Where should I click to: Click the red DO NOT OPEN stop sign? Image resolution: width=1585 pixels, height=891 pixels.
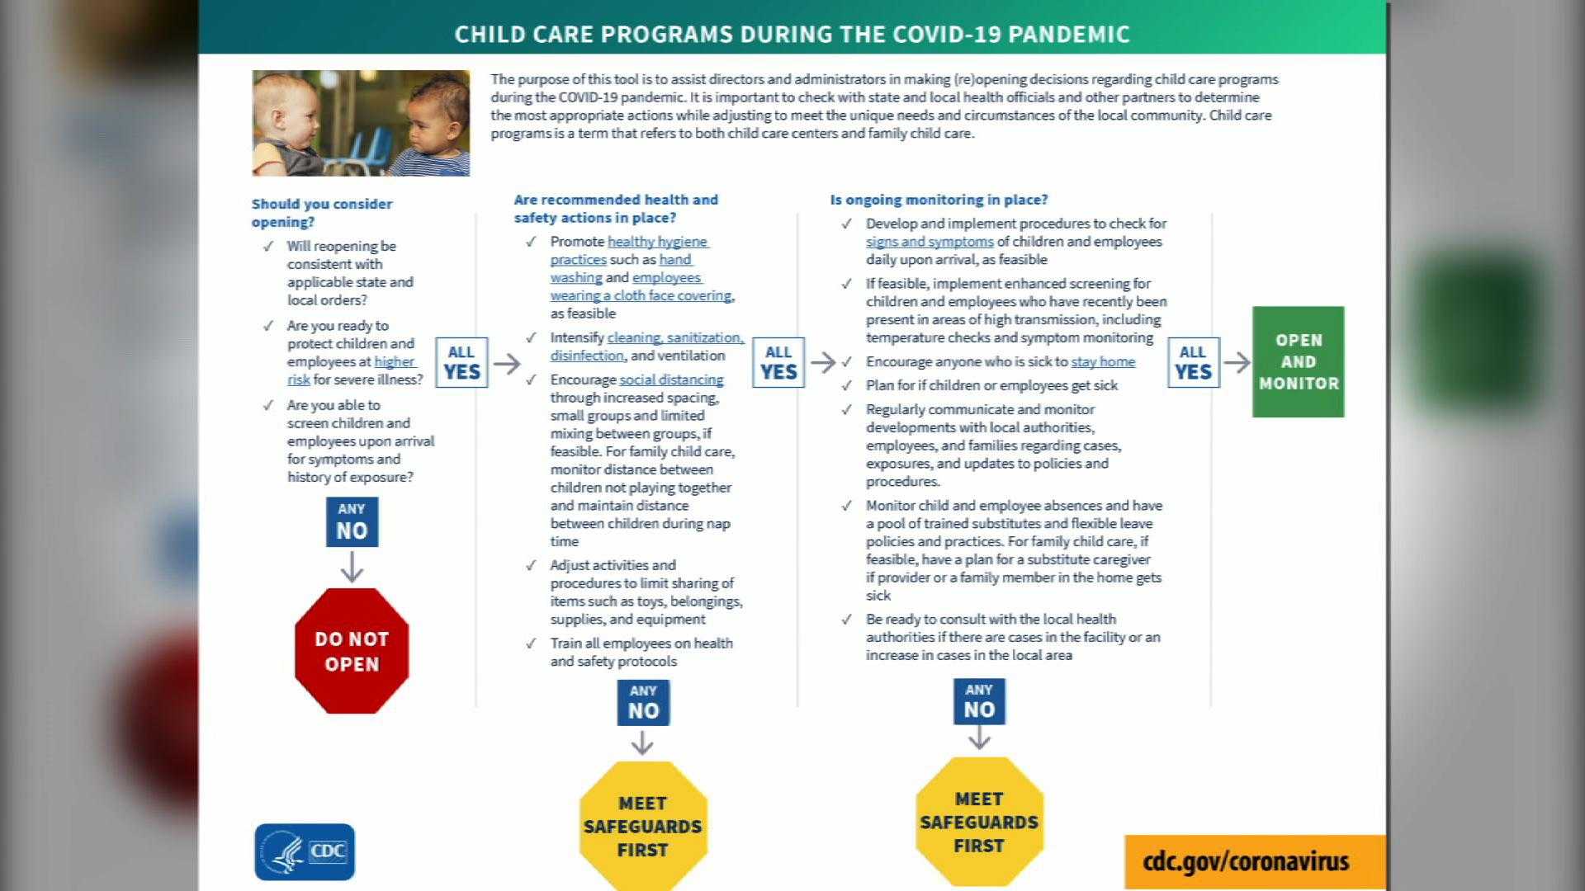point(352,651)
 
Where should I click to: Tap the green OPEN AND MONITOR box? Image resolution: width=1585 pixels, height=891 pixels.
point(1298,361)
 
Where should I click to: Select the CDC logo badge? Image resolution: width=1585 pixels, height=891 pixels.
point(305,851)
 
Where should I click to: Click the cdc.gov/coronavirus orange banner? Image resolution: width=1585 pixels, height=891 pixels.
point(1246,861)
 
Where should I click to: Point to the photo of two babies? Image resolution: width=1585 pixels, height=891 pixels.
point(361,123)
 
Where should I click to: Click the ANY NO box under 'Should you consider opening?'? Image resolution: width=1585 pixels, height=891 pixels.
point(352,521)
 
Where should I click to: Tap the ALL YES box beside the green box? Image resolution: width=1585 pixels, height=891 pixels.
point(1193,362)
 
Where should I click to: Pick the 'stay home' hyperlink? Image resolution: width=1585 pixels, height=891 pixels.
point(1103,361)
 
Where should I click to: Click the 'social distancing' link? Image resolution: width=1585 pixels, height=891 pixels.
point(671,379)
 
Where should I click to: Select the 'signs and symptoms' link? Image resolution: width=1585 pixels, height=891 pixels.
point(930,242)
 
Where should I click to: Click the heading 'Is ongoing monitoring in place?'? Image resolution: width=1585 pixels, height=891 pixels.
point(939,200)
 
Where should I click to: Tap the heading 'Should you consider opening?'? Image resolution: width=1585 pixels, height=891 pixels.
point(322,212)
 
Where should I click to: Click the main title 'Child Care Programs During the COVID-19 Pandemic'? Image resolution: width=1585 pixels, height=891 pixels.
point(792,34)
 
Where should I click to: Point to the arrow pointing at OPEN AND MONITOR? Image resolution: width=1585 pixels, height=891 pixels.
point(1236,362)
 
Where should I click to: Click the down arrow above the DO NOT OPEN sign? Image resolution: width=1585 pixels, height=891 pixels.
point(352,568)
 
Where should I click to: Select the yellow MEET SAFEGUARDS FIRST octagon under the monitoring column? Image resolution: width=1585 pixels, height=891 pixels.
point(979,822)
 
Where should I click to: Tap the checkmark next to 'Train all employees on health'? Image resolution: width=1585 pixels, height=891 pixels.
point(531,643)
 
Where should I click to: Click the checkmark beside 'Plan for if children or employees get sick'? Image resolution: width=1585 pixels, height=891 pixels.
point(846,385)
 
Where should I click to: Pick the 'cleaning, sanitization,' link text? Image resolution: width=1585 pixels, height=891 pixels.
point(675,337)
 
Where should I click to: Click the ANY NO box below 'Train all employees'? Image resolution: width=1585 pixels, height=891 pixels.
point(643,702)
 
